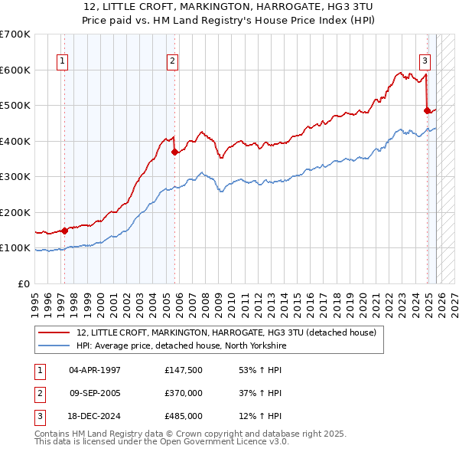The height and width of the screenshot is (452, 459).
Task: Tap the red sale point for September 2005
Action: [x=175, y=152]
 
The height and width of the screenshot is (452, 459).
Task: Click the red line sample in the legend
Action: [x=54, y=333]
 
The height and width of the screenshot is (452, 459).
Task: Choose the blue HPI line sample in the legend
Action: [x=54, y=346]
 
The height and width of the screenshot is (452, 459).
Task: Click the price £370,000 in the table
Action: [x=184, y=392]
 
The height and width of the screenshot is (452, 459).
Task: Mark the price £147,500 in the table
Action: [x=184, y=369]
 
